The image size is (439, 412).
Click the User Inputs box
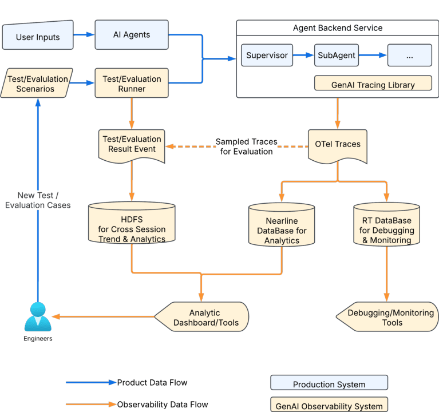click(x=38, y=37)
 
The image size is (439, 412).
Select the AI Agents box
click(x=132, y=35)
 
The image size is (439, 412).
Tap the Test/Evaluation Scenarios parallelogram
click(x=38, y=84)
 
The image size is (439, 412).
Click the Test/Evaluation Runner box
click(x=132, y=84)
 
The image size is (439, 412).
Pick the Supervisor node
click(x=266, y=56)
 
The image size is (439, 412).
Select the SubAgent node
click(x=337, y=56)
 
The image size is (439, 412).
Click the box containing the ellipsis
click(x=409, y=56)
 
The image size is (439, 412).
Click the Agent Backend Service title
click(x=338, y=27)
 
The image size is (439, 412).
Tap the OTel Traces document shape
click(x=338, y=144)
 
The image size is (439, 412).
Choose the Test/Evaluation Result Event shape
click(x=132, y=144)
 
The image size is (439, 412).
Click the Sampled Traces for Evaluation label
click(x=246, y=146)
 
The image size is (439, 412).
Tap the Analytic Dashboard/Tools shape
click(x=204, y=318)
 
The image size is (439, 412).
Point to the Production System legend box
click(x=329, y=384)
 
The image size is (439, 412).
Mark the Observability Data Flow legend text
click(x=163, y=405)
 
